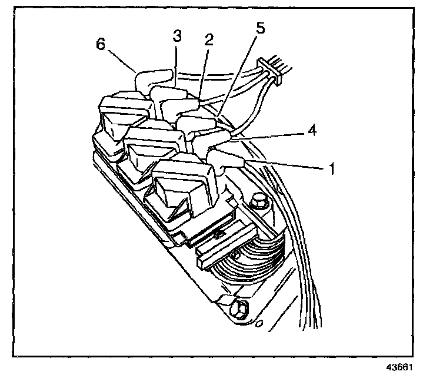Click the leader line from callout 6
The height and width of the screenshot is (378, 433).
coord(122,61)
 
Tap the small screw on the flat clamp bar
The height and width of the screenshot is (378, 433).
coord(218,233)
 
